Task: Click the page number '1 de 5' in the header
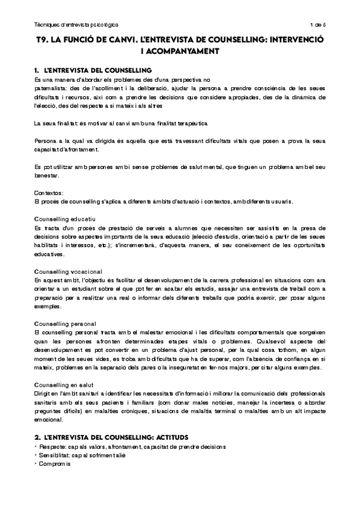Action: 317,25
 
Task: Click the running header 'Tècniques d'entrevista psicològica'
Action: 76,25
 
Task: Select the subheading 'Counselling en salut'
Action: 64,384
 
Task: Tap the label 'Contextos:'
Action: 50,192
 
